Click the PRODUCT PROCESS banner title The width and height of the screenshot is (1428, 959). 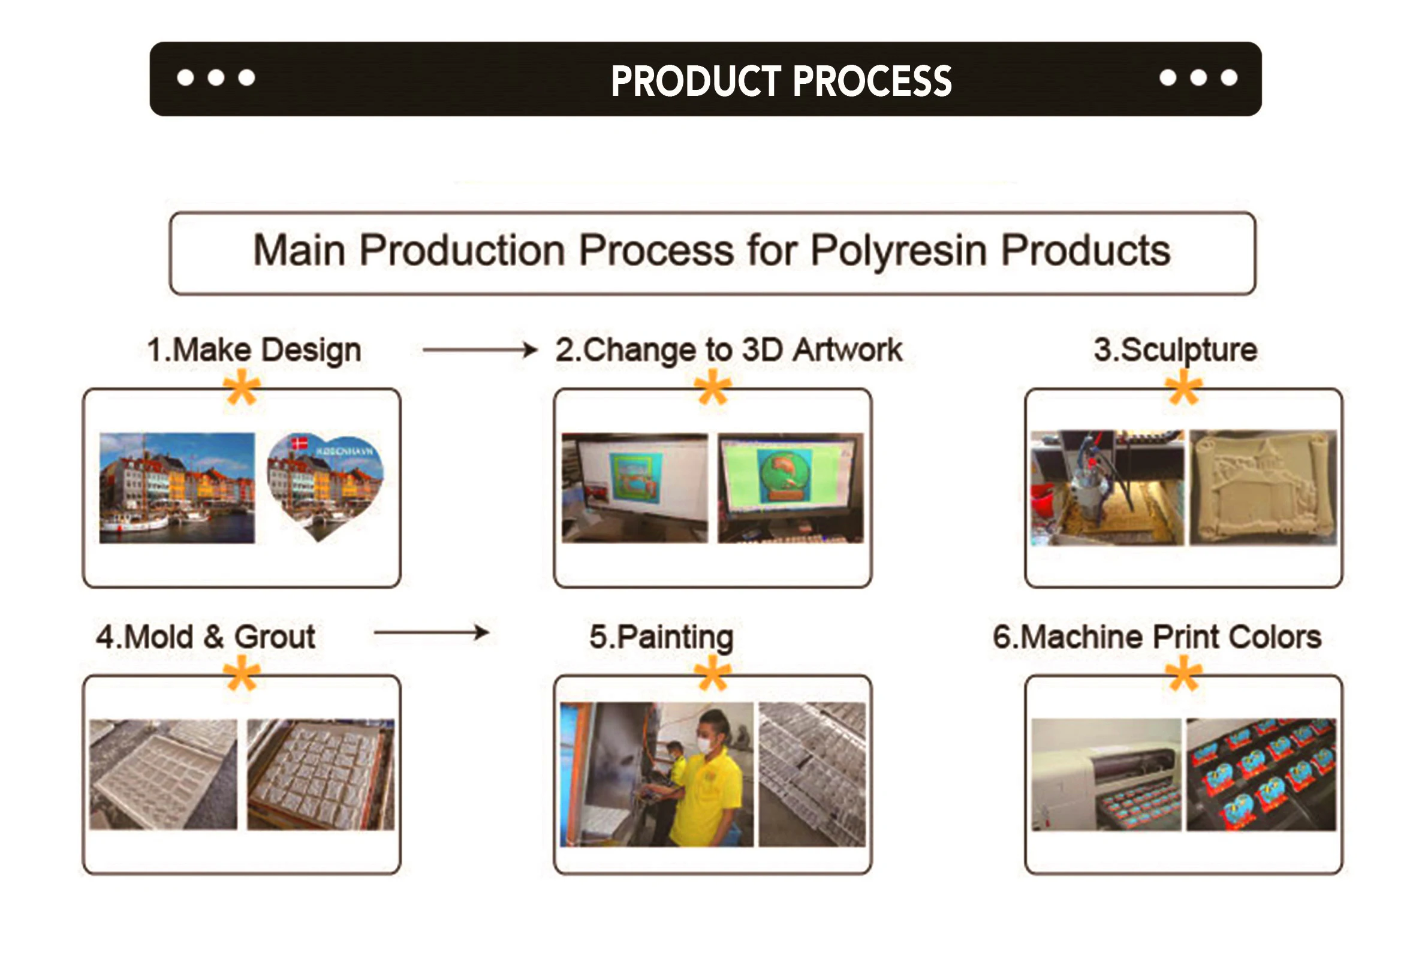click(x=781, y=81)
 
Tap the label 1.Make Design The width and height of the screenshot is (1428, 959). click(x=254, y=351)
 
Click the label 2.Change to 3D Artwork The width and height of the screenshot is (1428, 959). click(x=728, y=351)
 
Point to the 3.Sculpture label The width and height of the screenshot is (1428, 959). click(x=1176, y=351)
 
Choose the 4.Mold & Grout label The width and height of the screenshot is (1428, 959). click(x=206, y=637)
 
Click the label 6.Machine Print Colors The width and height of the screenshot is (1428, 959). click(x=1157, y=637)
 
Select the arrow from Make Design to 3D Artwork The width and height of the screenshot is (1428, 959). click(x=480, y=350)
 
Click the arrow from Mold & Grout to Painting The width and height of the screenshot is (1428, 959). click(x=432, y=632)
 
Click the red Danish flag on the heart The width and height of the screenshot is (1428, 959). click(x=299, y=443)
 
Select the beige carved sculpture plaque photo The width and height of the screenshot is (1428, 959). click(x=1263, y=487)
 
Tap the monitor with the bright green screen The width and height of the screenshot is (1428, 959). click(x=791, y=487)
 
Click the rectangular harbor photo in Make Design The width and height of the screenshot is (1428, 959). click(x=177, y=488)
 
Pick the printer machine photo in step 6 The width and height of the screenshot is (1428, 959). click(x=1106, y=774)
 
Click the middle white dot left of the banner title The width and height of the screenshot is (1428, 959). click(x=216, y=78)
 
